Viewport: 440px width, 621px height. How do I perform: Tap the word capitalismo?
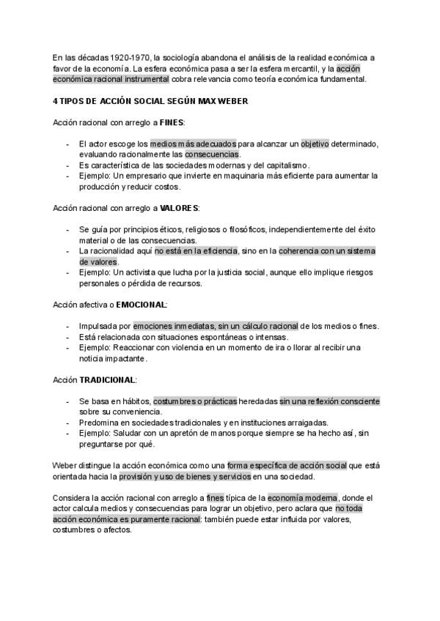click(287, 166)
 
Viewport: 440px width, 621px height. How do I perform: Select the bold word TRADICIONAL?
click(107, 380)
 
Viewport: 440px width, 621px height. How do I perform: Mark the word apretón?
click(208, 434)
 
